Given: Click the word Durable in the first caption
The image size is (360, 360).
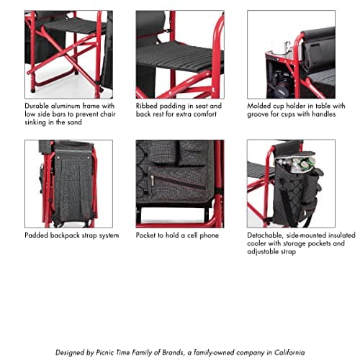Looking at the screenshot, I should coord(38,104).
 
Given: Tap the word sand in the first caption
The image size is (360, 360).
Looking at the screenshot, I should coord(89,122).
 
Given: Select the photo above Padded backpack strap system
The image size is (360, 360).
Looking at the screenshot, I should coord(68,183).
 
